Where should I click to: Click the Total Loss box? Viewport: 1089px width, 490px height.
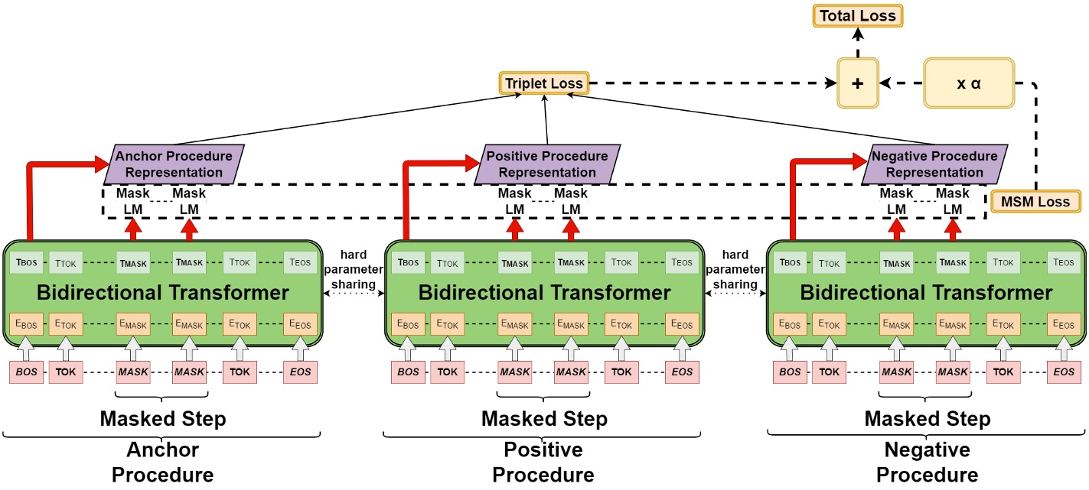857,15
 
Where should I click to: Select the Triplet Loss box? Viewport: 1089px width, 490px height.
543,83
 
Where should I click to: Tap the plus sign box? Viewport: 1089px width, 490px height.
858,83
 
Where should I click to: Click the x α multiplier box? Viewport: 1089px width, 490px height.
968,83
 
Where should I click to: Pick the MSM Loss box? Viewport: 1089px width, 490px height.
1035,202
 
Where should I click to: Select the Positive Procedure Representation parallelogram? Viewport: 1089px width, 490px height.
546,164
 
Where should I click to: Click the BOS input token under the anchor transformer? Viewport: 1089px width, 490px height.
26,372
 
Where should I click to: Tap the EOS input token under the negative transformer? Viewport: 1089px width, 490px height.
1064,372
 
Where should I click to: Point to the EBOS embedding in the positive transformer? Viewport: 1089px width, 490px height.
409,324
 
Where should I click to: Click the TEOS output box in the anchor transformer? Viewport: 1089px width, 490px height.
299,262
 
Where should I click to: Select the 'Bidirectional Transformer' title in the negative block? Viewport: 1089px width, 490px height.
926,293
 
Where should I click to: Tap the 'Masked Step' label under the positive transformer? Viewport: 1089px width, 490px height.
544,419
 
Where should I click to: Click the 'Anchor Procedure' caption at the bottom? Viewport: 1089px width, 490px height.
162,462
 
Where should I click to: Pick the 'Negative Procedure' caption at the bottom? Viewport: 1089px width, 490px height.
927,462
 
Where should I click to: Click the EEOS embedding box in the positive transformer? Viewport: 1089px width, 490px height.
682,324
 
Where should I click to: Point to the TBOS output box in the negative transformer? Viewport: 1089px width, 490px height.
791,262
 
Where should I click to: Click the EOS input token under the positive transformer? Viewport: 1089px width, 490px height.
682,372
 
